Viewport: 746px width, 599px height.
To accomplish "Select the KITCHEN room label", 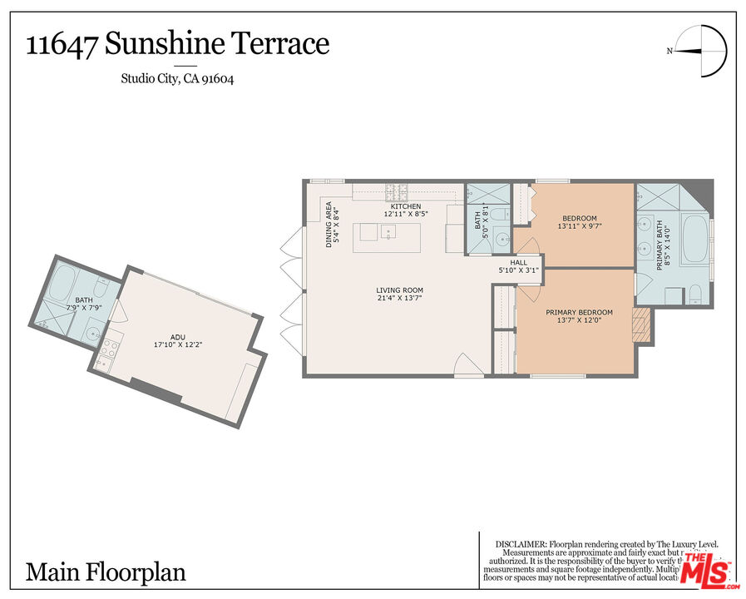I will pos(406,206).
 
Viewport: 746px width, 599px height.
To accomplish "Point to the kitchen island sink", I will pos(387,233).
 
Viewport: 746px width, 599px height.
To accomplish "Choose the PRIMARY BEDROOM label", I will pos(579,313).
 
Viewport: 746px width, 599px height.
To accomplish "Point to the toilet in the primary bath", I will pos(695,294).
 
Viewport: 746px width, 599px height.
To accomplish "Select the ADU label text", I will pos(178,336).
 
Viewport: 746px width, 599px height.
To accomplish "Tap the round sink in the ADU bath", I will pos(93,334).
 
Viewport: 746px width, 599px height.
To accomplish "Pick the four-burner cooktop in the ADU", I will pos(107,356).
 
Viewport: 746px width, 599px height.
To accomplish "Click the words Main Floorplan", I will pos(106,572).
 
